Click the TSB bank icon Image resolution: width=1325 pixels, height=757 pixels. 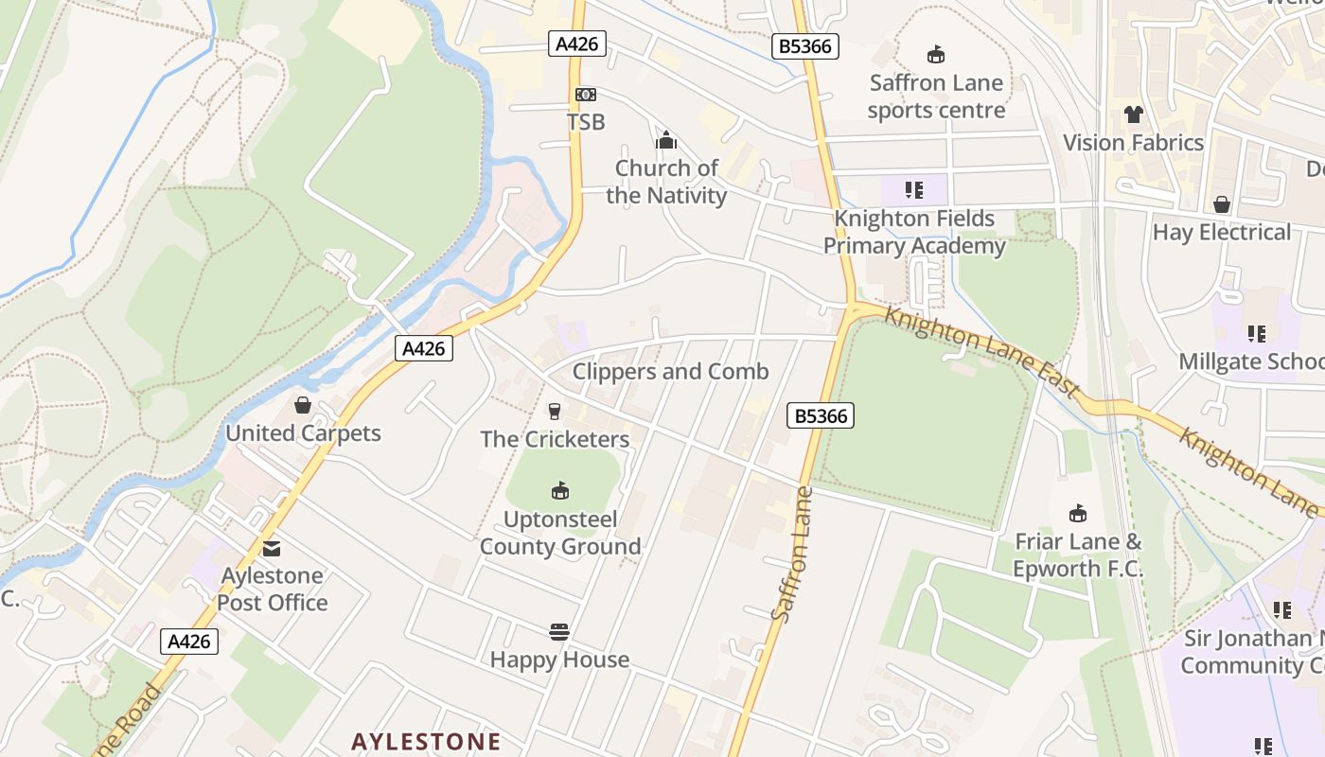click(x=586, y=95)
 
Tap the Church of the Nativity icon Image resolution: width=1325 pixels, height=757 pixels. click(x=666, y=141)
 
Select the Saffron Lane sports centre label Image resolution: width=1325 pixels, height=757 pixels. click(x=935, y=97)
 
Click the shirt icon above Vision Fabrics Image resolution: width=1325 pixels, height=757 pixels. click(x=1133, y=114)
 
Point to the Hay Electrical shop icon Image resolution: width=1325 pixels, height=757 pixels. click(x=1221, y=204)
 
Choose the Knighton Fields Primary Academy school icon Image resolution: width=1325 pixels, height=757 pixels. click(x=913, y=190)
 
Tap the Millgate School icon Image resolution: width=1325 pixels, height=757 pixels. click(x=1256, y=333)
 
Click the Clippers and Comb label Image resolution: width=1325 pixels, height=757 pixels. click(x=670, y=372)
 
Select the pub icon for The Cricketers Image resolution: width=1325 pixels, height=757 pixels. click(x=555, y=412)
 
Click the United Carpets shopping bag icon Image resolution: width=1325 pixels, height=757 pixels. click(x=303, y=405)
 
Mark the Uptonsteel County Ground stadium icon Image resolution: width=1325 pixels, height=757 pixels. click(x=560, y=491)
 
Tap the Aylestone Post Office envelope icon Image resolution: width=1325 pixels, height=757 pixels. click(x=272, y=548)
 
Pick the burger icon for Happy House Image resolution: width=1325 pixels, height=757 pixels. click(x=559, y=631)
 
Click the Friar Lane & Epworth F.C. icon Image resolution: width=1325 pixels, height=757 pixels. click(x=1077, y=514)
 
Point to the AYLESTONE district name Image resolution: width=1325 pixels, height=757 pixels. click(x=426, y=741)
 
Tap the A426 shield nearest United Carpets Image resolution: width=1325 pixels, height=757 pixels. click(x=423, y=348)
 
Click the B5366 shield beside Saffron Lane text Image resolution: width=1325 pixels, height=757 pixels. click(x=820, y=415)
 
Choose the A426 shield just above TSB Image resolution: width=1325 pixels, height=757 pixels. click(x=576, y=44)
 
